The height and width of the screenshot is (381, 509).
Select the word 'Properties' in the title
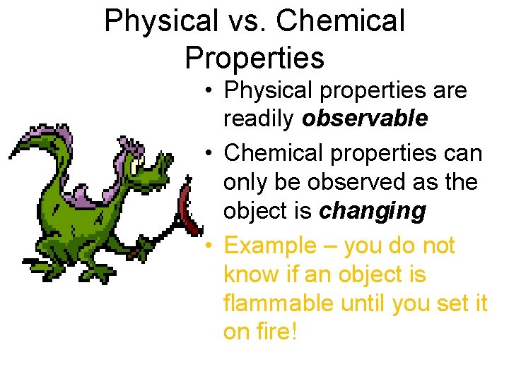coord(255,57)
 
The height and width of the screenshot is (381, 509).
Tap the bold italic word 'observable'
coord(364,119)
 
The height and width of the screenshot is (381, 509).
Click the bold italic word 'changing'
coord(372,211)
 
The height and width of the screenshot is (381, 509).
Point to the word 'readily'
coord(259,119)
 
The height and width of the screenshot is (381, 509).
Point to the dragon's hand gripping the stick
coord(145,247)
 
